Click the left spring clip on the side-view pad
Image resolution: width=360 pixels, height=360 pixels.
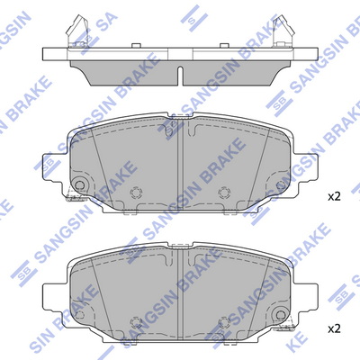tap(76, 31)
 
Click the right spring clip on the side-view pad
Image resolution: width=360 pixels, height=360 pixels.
tap(283, 31)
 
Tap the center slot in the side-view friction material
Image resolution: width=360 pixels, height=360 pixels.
tap(180, 75)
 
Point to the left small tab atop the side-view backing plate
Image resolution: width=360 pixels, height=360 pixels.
tap(136, 45)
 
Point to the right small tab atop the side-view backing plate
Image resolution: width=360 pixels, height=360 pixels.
tap(224, 45)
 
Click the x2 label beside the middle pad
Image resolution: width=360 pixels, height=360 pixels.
tap(334, 197)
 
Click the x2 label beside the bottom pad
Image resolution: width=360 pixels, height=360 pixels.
tap(334, 329)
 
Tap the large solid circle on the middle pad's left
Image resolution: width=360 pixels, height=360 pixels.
tap(79, 184)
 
